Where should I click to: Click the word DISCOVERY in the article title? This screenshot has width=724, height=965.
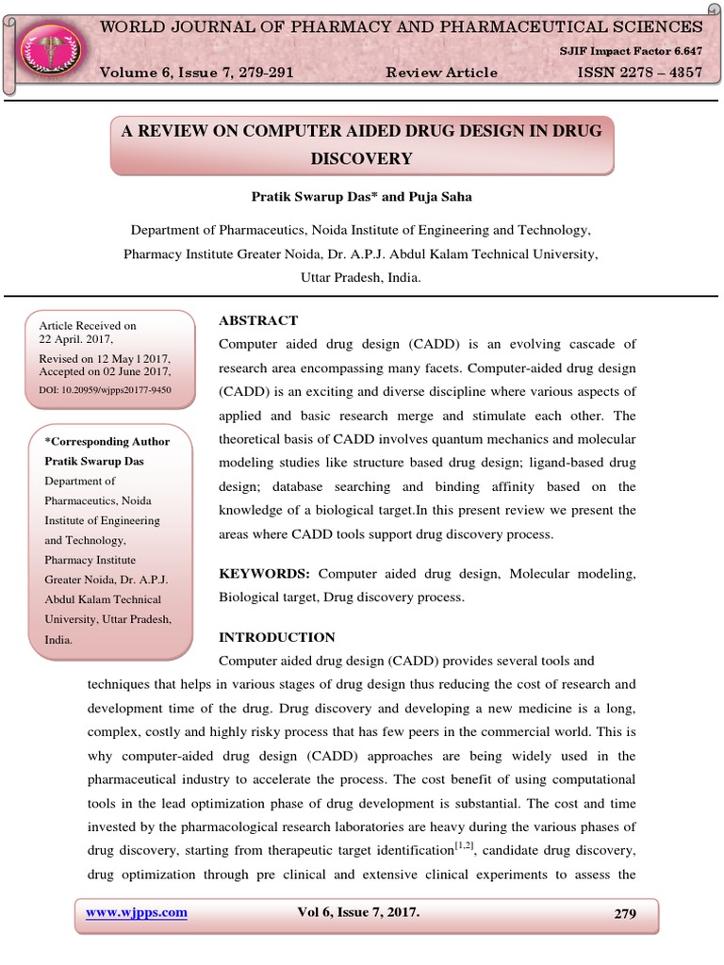click(x=362, y=158)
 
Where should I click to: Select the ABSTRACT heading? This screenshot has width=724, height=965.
click(x=258, y=320)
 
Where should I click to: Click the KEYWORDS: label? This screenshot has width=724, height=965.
click(x=265, y=574)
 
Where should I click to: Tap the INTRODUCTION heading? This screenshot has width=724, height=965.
click(x=276, y=637)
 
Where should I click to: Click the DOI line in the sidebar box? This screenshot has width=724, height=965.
click(x=105, y=388)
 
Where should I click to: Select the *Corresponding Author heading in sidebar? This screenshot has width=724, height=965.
click(x=107, y=441)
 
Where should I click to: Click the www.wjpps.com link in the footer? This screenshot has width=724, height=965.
click(x=137, y=912)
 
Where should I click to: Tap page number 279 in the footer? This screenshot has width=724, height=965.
click(x=623, y=912)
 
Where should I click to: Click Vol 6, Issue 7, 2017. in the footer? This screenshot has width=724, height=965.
click(x=359, y=912)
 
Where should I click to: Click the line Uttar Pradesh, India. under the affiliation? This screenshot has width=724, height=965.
click(x=361, y=278)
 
